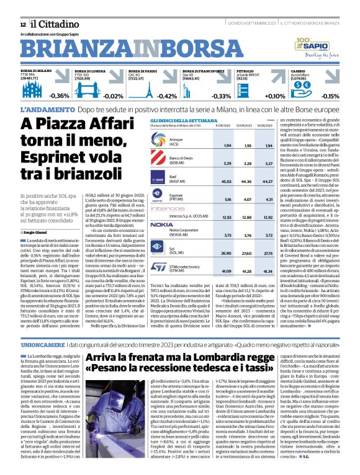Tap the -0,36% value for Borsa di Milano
click(x=60, y=96)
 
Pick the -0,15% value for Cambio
click(x=330, y=96)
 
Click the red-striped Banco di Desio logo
click(x=158, y=163)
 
